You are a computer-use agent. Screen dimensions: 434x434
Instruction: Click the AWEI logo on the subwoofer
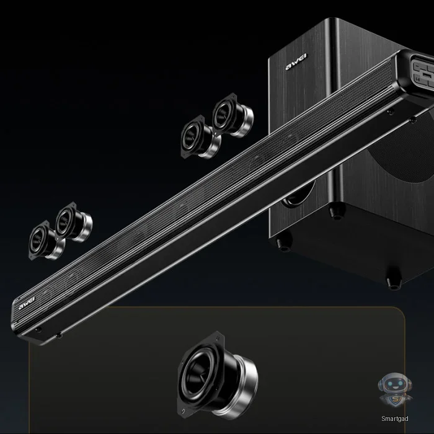pyautogui.click(x=296, y=62)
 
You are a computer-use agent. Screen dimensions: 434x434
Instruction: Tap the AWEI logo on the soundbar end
pyautogui.click(x=27, y=303)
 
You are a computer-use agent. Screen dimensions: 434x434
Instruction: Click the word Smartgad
pyautogui.click(x=395, y=418)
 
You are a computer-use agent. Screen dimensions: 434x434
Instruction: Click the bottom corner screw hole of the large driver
pyautogui.click(x=183, y=411)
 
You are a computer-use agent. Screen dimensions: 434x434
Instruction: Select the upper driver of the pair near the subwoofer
pyautogui.click(x=232, y=115)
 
